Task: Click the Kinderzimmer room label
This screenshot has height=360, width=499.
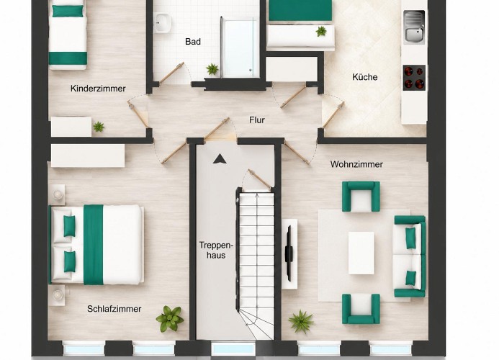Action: tap(98, 89)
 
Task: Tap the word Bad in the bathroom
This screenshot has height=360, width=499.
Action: tap(193, 42)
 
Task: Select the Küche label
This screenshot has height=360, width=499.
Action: tap(365, 77)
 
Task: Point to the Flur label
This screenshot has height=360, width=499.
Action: tap(257, 120)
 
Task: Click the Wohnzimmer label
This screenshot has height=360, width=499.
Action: tap(356, 164)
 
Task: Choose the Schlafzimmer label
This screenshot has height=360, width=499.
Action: tap(114, 309)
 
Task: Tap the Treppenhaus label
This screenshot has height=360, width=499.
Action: tap(216, 250)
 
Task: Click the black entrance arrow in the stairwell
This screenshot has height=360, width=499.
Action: tap(220, 158)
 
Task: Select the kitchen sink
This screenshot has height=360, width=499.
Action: tap(414, 27)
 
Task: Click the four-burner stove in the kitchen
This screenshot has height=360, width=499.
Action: tap(414, 78)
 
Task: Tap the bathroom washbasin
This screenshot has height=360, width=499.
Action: tap(163, 23)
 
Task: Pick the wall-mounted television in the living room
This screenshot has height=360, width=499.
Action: tap(289, 253)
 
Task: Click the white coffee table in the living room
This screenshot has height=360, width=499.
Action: tap(361, 253)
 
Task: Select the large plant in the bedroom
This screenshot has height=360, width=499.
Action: tap(170, 318)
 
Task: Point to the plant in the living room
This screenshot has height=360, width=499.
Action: tap(301, 322)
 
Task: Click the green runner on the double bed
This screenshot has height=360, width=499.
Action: tap(93, 245)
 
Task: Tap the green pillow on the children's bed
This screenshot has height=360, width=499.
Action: tap(68, 11)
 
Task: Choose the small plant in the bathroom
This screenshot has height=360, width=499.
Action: tap(212, 69)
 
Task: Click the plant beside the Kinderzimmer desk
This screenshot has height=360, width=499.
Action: tap(99, 127)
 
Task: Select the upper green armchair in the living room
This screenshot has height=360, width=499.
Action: tap(361, 196)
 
